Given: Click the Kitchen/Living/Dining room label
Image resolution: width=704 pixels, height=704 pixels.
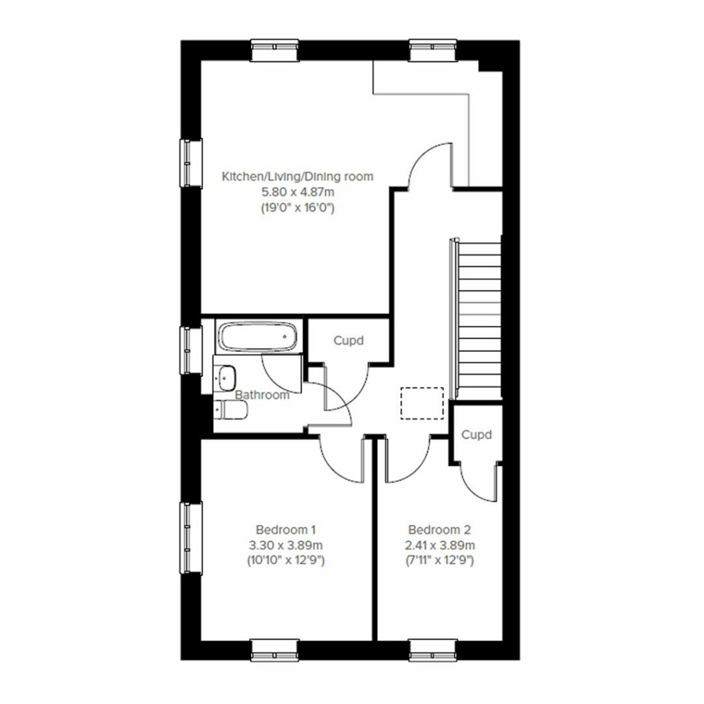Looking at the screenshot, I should point(297,177).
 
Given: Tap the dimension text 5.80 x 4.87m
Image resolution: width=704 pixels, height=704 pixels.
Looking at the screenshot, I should point(297,192).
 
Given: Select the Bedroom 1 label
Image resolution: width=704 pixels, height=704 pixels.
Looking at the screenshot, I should point(285,530).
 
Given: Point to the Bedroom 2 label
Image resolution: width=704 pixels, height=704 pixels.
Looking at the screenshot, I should point(440,530).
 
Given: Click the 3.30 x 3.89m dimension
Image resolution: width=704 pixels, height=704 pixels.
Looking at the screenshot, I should point(285,545).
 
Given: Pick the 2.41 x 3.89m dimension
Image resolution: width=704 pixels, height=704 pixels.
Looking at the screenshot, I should point(441,545).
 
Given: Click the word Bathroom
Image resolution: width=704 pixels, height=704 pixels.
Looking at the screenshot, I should point(262,395).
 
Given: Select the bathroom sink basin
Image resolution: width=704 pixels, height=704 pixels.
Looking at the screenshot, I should point(226,376).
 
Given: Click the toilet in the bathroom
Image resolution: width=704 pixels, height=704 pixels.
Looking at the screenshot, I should point(230,411).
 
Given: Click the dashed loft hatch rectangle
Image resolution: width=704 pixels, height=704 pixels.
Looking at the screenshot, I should point(422,402).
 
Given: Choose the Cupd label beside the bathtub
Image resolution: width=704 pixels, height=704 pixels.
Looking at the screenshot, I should point(348,340).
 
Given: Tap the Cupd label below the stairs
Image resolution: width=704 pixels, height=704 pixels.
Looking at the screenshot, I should point(476,434).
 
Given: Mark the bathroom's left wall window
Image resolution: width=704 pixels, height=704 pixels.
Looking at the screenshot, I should point(191,350).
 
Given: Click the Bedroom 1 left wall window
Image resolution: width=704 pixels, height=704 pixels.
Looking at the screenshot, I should point(191,537).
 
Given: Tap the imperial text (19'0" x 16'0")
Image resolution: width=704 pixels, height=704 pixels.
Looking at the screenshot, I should point(297,207).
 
